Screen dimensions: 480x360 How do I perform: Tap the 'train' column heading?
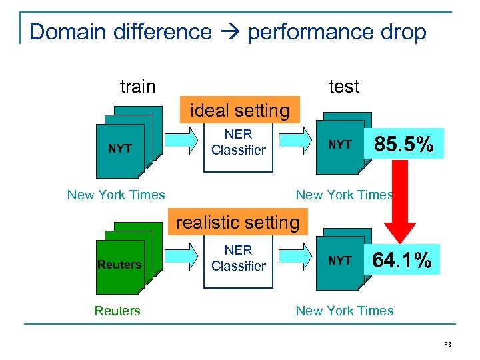137,87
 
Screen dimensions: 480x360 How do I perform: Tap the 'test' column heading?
344,87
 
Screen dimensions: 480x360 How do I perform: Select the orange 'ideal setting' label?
240,111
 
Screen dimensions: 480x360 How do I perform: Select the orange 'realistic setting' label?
238,222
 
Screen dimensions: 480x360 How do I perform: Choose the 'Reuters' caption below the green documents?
117,311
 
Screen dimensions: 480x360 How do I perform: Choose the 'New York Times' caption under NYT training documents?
116,195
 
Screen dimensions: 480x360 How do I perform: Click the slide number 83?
447,344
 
